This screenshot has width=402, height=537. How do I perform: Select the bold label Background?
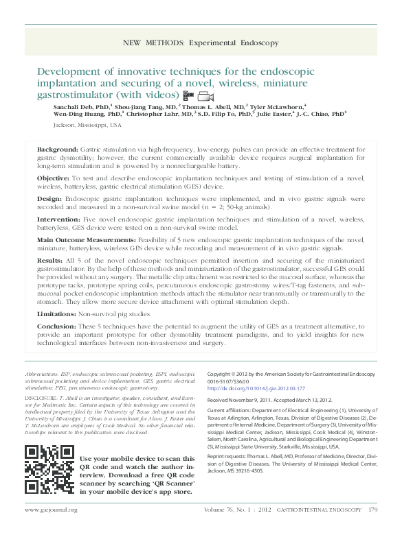pyautogui.click(x=57, y=149)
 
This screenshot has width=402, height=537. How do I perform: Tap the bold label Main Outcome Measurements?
pyautogui.click(x=83, y=240)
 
